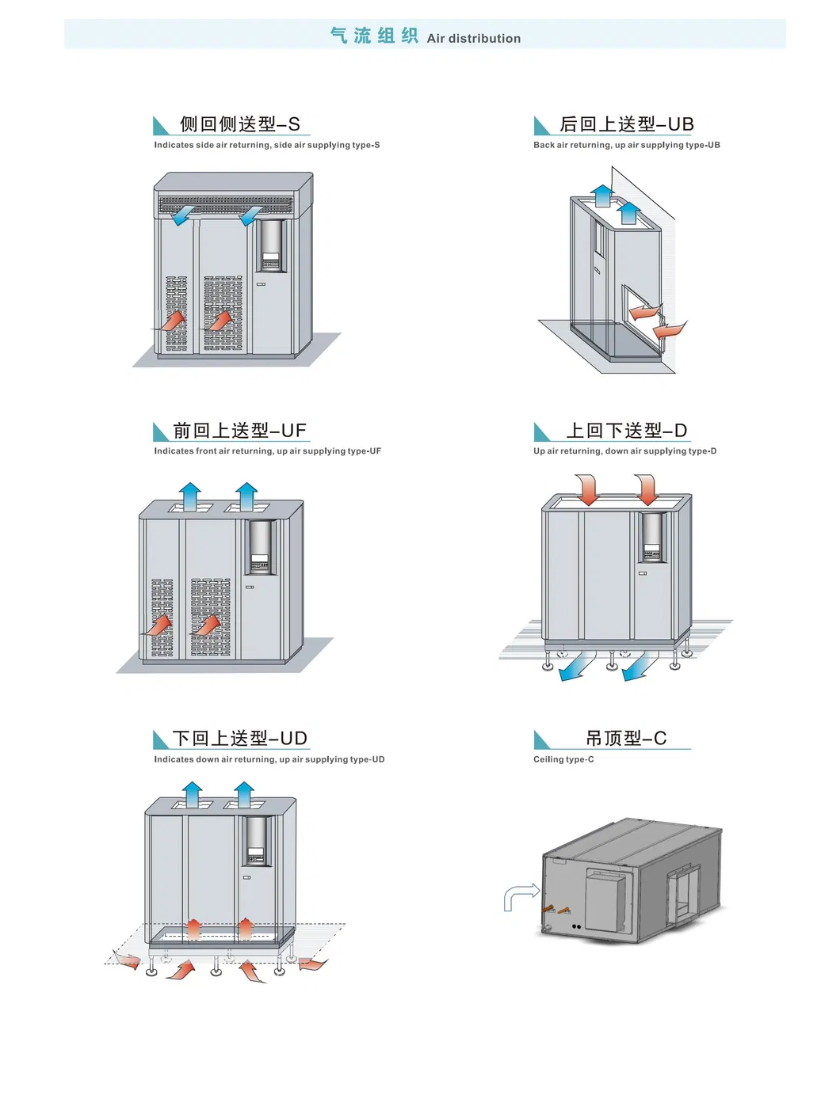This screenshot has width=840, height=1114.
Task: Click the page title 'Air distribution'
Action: click(473, 38)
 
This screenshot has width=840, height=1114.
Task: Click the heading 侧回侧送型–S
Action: click(239, 124)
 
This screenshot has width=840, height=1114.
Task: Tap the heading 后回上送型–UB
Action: click(626, 124)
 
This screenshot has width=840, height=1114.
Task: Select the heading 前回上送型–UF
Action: click(239, 431)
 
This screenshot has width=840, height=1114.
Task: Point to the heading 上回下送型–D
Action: click(626, 431)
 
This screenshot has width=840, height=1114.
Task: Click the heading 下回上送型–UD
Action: click(239, 739)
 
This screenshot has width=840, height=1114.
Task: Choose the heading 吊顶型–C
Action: click(626, 739)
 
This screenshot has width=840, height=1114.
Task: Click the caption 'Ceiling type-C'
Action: click(563, 759)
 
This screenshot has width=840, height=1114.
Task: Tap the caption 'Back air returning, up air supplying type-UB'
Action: click(626, 145)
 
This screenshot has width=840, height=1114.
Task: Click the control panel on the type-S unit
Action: click(271, 245)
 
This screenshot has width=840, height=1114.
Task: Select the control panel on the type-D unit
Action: click(652, 537)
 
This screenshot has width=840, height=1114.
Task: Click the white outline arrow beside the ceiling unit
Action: click(520, 897)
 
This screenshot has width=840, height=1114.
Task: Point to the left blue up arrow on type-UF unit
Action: click(190, 496)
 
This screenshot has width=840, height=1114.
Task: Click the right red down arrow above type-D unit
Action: click(647, 489)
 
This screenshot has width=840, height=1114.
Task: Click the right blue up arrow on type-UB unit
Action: click(628, 212)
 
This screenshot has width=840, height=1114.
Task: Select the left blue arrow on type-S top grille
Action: click(184, 214)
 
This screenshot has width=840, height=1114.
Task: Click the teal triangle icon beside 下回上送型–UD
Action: click(161, 739)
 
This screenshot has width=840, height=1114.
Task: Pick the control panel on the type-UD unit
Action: click(256, 841)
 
